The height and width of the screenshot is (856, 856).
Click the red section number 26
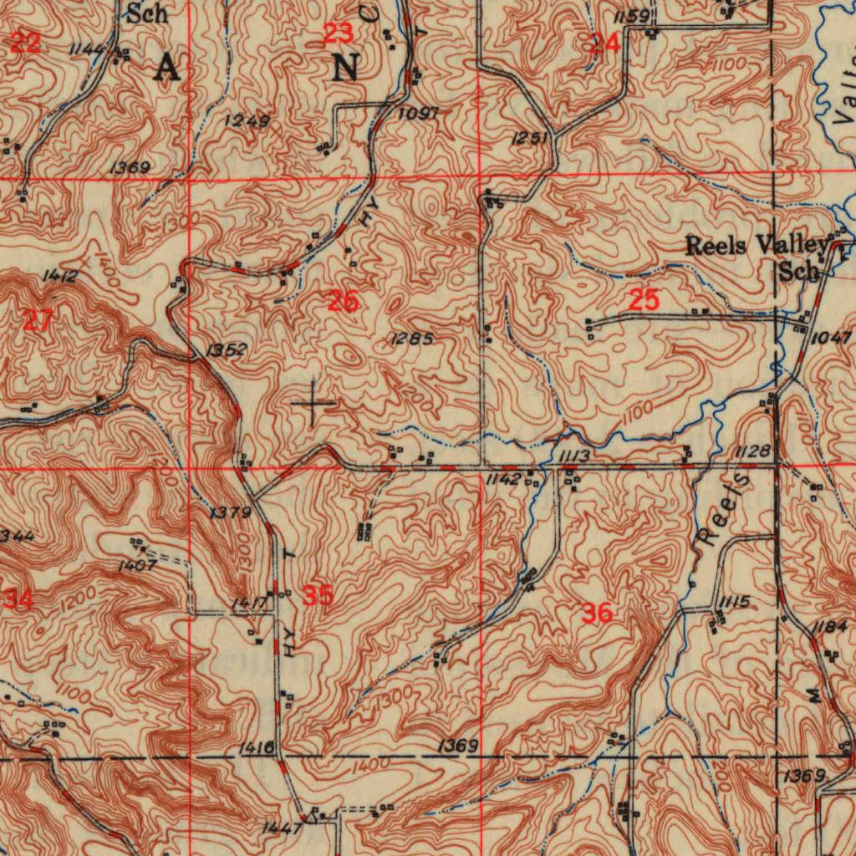coord(343,301)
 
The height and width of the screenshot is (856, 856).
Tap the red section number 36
coord(597,614)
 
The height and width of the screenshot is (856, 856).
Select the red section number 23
coord(338,34)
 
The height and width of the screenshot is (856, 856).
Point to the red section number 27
coord(38,319)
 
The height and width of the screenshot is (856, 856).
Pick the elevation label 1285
coord(411,339)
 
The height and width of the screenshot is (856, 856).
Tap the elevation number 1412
coord(59,275)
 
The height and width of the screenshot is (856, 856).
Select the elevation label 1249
coord(247,121)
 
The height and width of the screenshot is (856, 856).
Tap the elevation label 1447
coord(281,828)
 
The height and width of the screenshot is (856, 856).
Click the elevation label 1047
coord(831,337)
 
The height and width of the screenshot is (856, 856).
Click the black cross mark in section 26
coord(313,405)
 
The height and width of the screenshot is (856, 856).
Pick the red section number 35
coord(318,596)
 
